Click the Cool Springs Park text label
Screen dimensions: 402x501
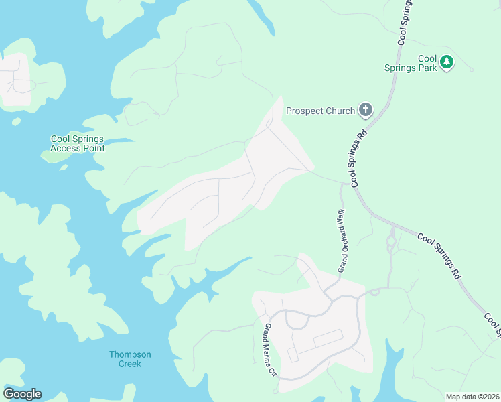(x=419, y=63)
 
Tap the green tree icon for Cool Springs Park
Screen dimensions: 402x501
(x=447, y=63)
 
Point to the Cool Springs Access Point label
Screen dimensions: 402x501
(x=78, y=143)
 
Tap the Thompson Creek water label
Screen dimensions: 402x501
(x=130, y=358)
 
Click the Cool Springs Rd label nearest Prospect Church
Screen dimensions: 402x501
(x=358, y=158)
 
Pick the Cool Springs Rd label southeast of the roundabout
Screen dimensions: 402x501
(x=439, y=255)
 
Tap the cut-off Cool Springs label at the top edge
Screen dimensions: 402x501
(x=404, y=23)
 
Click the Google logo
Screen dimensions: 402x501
(x=22, y=393)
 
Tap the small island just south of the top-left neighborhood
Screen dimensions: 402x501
(x=16, y=121)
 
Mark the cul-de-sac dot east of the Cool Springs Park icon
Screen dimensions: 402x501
(x=472, y=70)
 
